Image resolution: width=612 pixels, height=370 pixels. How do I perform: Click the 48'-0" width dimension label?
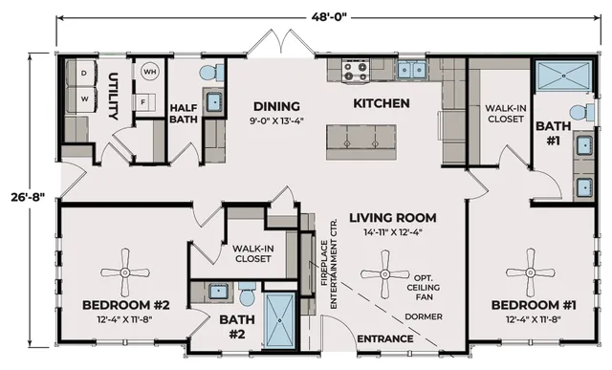pos(329,17)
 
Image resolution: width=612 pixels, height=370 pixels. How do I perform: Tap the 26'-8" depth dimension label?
pos(28,197)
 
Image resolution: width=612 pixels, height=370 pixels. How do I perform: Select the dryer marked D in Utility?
pos(81,73)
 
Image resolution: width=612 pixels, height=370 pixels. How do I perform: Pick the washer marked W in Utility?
pos(81,99)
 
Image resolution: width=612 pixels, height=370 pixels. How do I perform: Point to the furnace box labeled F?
pos(145,102)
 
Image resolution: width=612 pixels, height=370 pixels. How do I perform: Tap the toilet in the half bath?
pos(211,73)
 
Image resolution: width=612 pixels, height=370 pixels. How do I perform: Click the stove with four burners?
pos(356,71)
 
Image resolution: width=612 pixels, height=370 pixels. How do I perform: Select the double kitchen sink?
pos(411,71)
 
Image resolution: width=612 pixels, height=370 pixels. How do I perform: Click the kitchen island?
pos(361,142)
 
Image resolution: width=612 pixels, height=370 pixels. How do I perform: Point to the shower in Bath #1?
pos(563,76)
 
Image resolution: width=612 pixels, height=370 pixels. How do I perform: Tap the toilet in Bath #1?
pos(581,113)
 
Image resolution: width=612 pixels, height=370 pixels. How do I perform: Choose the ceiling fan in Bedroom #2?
pos(125,272)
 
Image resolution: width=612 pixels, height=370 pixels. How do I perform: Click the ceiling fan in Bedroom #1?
pos(530,272)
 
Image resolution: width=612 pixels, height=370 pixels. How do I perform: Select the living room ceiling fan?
pos(384,274)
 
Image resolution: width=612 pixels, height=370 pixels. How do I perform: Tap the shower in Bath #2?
pos(280,320)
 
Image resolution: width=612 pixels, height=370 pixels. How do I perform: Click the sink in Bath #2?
pos(218,292)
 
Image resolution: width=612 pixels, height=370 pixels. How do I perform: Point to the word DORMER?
pos(424,316)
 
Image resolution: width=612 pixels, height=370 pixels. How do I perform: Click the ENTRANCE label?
pos(385,338)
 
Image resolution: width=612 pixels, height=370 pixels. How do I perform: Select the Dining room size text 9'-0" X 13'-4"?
pos(276,120)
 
